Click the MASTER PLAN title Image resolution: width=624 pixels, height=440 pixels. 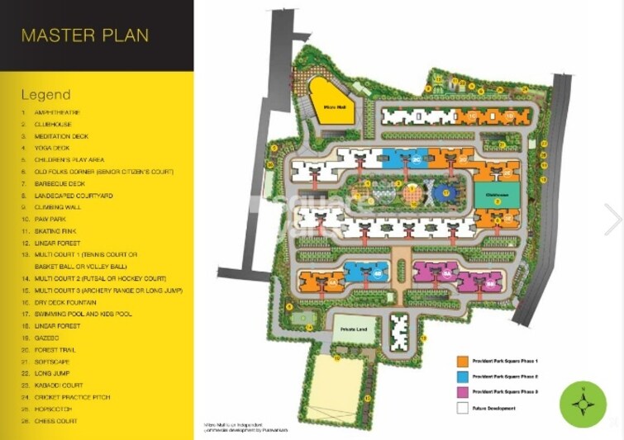click(85, 35)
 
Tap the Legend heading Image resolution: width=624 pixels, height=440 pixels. click(46, 95)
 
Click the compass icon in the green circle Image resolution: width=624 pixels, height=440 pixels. click(583, 405)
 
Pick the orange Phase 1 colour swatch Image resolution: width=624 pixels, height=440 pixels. click(463, 361)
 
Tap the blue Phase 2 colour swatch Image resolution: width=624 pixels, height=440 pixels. click(463, 376)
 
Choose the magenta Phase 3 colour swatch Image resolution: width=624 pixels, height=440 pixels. click(463, 392)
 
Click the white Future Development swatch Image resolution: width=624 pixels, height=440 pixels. click(463, 408)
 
